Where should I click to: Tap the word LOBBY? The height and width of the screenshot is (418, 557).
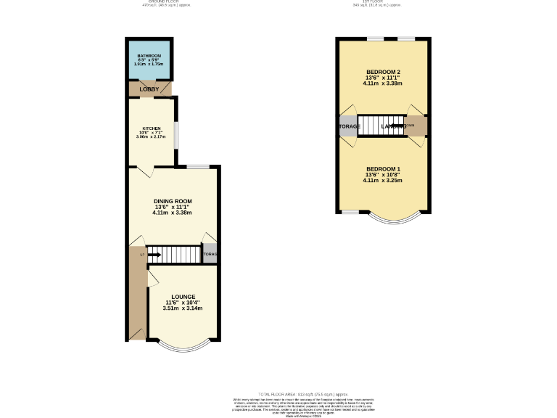click(149, 89)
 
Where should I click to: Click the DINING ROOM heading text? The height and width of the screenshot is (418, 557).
click(172, 200)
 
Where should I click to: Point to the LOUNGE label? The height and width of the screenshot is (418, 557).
click(183, 296)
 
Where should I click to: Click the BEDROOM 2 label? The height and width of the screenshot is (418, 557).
click(383, 72)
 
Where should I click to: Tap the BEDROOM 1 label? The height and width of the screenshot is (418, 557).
click(383, 169)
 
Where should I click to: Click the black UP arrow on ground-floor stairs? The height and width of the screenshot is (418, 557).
click(154, 255)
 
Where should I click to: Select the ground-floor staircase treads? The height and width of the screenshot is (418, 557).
click(178, 254)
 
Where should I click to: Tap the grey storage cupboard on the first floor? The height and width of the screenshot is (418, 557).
click(348, 126)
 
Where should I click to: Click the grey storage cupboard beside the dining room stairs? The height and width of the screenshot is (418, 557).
click(210, 254)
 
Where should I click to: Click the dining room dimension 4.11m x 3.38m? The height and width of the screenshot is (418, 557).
click(172, 213)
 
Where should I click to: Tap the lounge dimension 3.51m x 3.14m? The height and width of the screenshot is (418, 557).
click(183, 308)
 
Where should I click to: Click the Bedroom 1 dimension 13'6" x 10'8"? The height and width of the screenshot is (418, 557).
click(383, 175)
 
